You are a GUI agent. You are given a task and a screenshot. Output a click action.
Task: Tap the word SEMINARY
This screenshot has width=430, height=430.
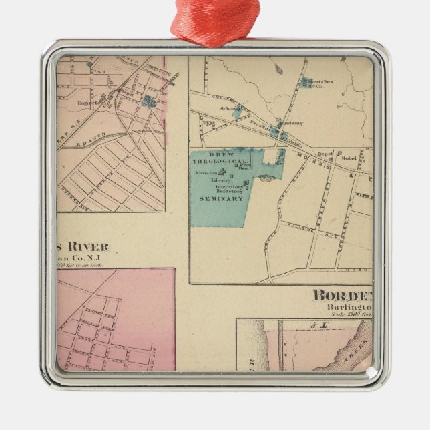click(225, 198)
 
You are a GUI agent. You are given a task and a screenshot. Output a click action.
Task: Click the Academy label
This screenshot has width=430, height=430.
click(291, 123)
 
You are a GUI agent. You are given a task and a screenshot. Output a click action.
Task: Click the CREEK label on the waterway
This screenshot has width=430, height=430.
click(348, 347)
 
